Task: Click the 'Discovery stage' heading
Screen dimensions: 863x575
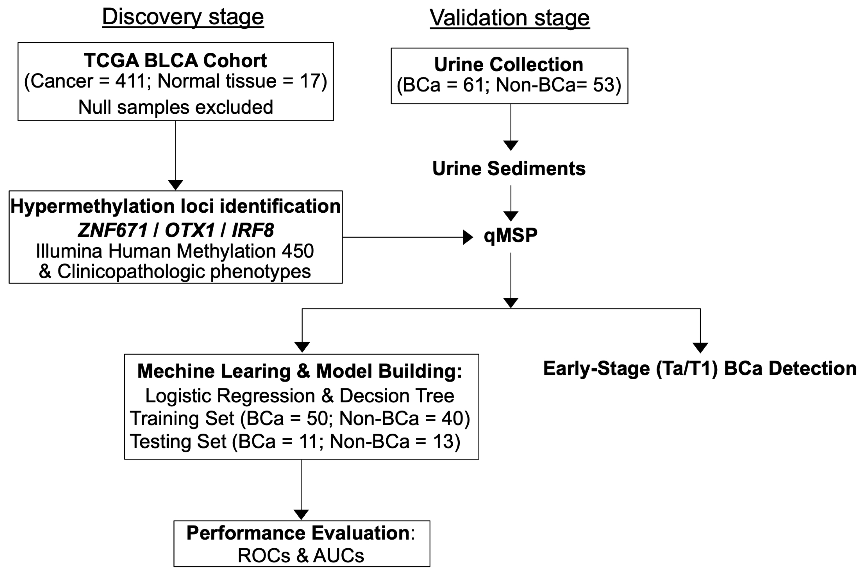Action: pos(183,17)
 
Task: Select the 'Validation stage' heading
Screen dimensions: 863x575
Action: pos(510,17)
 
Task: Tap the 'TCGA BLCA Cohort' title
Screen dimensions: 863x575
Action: pos(175,61)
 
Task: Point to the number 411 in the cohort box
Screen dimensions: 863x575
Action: pos(131,81)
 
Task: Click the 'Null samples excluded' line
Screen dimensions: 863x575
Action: pos(175,107)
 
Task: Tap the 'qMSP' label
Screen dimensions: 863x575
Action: pos(510,235)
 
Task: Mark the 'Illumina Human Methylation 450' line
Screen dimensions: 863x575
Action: pos(175,251)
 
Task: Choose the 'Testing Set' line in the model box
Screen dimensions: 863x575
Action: pos(295,441)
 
